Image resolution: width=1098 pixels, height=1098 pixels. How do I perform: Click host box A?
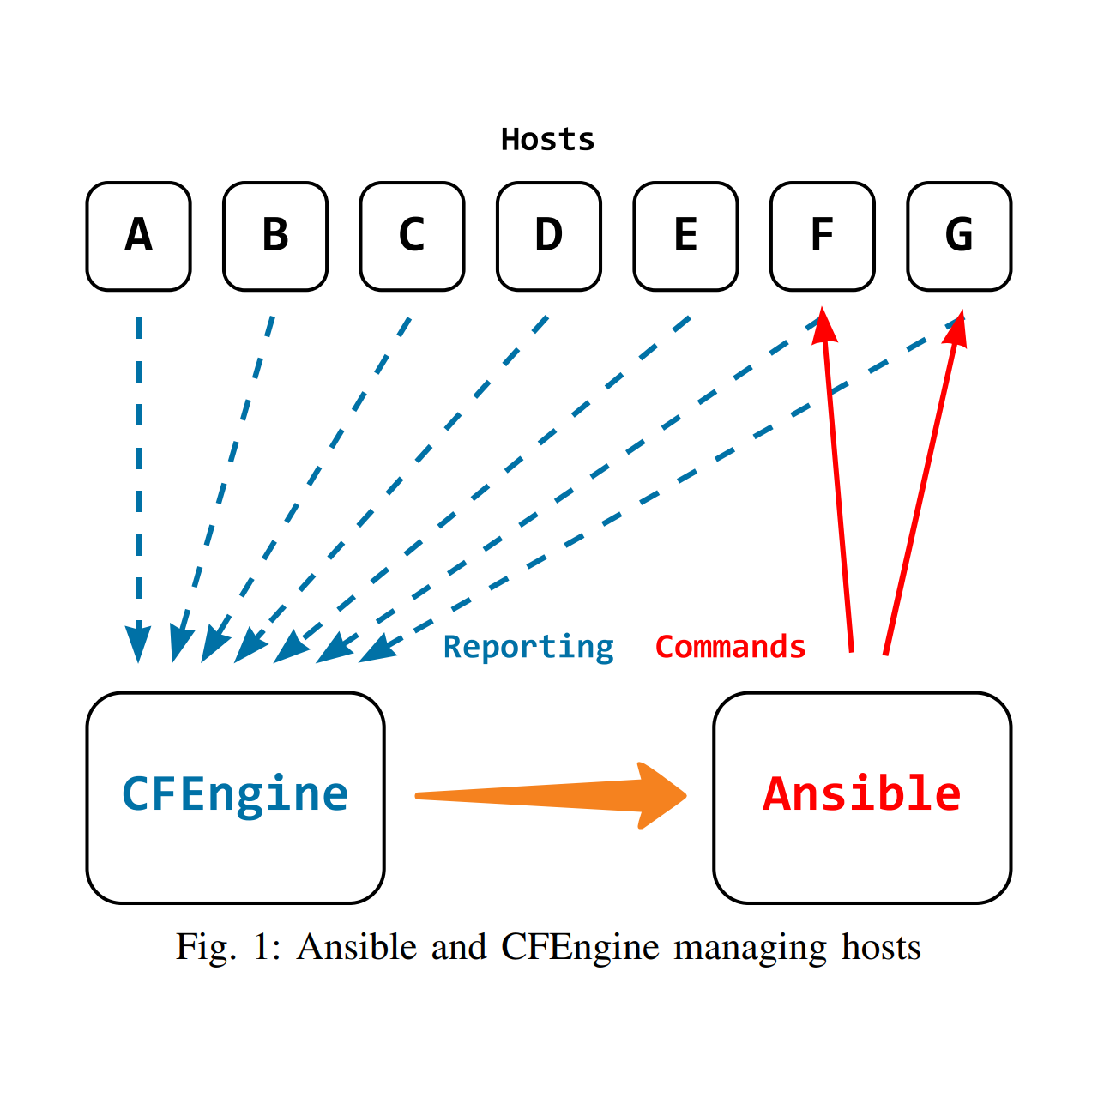pos(138,236)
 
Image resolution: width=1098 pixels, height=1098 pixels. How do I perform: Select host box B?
pos(275,236)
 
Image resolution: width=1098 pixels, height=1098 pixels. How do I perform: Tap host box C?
pos(412,236)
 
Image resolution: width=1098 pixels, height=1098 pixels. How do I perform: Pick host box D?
pos(549,236)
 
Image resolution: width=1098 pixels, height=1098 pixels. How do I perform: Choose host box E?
pos(685,236)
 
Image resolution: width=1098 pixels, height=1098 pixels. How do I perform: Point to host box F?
pos(822,236)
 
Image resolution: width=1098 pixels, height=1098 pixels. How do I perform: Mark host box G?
pos(959,236)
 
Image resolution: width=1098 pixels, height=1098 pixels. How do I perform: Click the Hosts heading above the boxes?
pos(547,139)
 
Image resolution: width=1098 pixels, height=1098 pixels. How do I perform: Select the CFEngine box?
pos(235,797)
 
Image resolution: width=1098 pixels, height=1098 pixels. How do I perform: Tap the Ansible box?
pos(862,797)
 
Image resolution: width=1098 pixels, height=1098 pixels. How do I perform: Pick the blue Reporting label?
pos(528,647)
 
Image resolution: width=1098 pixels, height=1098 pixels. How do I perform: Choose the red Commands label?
pos(730,647)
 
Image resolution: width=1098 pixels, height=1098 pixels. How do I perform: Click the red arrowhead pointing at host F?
pos(824,326)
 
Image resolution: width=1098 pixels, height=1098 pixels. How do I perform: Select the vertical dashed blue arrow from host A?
pos(138,480)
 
